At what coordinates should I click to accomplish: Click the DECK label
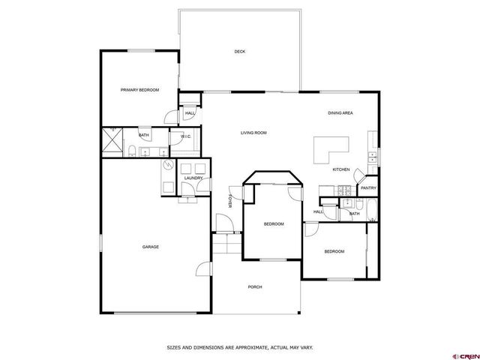[240, 52]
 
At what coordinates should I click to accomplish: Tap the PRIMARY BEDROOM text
[139, 90]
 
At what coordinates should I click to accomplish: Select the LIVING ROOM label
[253, 133]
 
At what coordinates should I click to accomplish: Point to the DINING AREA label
[340, 113]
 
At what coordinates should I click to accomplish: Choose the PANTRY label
[368, 188]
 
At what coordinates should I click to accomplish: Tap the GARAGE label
[151, 247]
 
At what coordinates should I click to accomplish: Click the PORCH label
[255, 287]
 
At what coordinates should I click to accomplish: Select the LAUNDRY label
[193, 178]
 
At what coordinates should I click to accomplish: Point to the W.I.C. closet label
[186, 136]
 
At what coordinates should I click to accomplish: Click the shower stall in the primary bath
[112, 140]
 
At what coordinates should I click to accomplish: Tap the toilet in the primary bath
[132, 151]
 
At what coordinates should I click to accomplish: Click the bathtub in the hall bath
[372, 210]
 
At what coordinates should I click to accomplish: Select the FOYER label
[229, 201]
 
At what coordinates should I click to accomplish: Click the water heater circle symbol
[168, 165]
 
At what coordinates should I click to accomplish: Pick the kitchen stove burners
[345, 190]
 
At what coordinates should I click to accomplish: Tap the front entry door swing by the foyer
[225, 223]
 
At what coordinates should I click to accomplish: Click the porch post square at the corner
[298, 313]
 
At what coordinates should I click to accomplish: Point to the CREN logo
[466, 356]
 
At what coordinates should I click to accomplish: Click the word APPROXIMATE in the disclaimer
[247, 347]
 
